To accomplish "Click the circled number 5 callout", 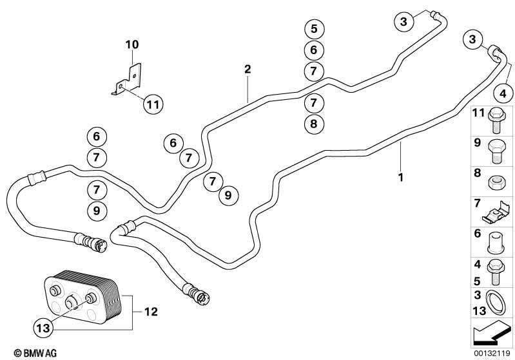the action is [x=315, y=28].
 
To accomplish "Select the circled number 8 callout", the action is [x=314, y=124].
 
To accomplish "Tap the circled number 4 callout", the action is [x=503, y=93].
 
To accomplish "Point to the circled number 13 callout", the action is [x=43, y=328].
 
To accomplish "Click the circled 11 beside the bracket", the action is [x=153, y=104].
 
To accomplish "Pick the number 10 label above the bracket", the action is [x=132, y=44].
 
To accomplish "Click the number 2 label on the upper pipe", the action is [x=248, y=69].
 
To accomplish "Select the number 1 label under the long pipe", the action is [x=400, y=178].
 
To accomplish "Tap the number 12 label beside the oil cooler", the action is [x=151, y=312].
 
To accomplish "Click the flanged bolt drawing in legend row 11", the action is [x=496, y=120].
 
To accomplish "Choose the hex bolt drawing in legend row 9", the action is [x=496, y=151].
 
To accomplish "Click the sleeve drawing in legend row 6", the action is [x=496, y=243].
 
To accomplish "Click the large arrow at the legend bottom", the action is [x=491, y=333].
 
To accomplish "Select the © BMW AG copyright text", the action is [x=35, y=353].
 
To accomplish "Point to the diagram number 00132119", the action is [x=492, y=354].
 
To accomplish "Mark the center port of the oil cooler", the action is [x=72, y=302].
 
